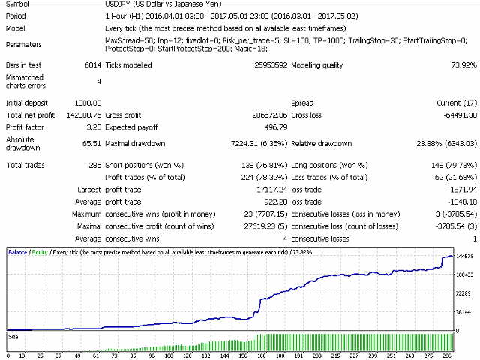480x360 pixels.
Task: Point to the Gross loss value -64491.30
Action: pos(454,115)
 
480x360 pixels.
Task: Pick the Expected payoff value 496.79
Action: pos(271,127)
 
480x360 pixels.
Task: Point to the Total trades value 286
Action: pos(95,165)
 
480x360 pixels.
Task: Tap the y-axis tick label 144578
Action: pos(465,256)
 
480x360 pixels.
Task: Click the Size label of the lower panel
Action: pos(13,337)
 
